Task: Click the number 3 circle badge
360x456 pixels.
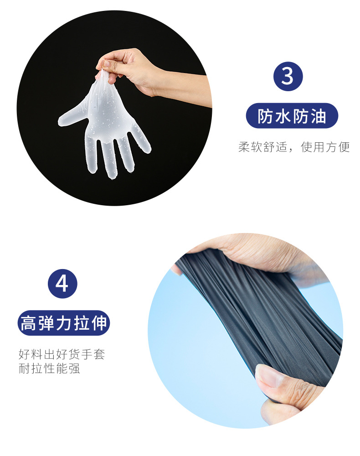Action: click(288, 76)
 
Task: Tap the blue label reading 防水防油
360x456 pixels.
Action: click(292, 116)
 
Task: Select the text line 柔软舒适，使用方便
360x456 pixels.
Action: click(294, 147)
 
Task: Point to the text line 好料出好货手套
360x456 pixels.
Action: click(62, 354)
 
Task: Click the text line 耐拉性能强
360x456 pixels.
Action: click(49, 368)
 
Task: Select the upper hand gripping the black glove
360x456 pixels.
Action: click(255, 255)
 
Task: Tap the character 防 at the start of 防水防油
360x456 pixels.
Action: click(266, 116)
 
